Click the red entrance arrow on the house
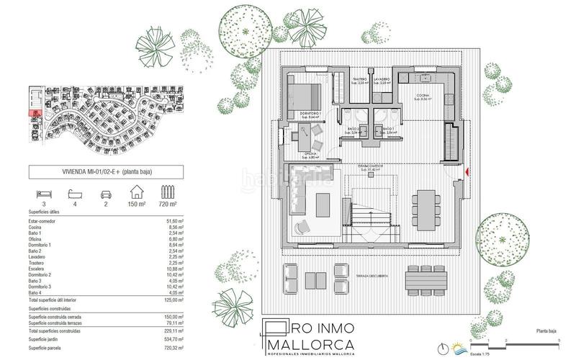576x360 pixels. (x=467, y=172)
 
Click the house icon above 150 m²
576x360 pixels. (x=136, y=192)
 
